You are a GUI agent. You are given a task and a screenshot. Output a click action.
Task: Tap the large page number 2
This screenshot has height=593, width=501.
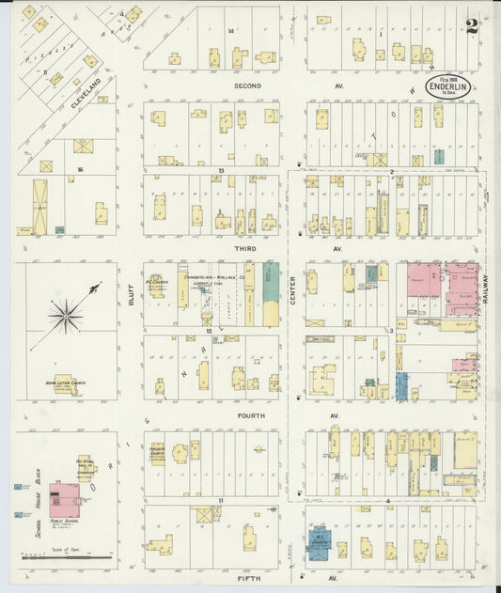(x=471, y=25)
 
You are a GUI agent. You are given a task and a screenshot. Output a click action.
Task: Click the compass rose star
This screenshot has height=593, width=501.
(x=66, y=316)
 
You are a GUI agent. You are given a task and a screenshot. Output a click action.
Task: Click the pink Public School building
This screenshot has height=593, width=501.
(x=64, y=499)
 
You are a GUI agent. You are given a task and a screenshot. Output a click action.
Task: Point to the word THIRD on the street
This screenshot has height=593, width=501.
(x=246, y=249)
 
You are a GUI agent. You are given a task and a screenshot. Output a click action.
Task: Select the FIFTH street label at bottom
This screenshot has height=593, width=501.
(x=249, y=579)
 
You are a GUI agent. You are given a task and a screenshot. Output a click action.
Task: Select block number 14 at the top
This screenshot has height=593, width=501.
(x=229, y=31)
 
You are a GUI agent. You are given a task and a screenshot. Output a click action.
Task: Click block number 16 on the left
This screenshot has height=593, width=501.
(x=81, y=169)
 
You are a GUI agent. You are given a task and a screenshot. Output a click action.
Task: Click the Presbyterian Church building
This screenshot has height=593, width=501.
(x=157, y=453)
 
